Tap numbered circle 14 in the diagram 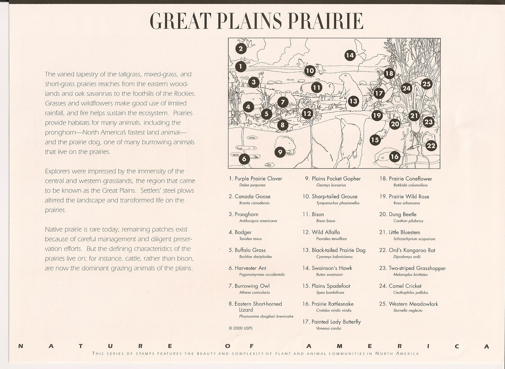click(350, 55)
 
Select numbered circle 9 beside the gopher click(280, 152)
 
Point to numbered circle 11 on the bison click(317, 88)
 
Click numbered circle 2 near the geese click(241, 49)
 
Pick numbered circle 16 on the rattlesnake click(395, 156)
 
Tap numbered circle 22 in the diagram click(431, 146)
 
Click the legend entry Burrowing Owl click(252, 286)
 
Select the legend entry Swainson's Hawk click(332, 268)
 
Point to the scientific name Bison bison click(326, 221)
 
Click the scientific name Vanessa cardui click(329, 328)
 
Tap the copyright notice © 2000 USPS click(240, 328)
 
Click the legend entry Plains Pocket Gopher click(336, 179)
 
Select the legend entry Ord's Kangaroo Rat click(412, 250)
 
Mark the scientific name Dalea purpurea click(252, 185)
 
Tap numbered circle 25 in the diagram click(426, 84)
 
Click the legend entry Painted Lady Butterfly click(336, 322)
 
